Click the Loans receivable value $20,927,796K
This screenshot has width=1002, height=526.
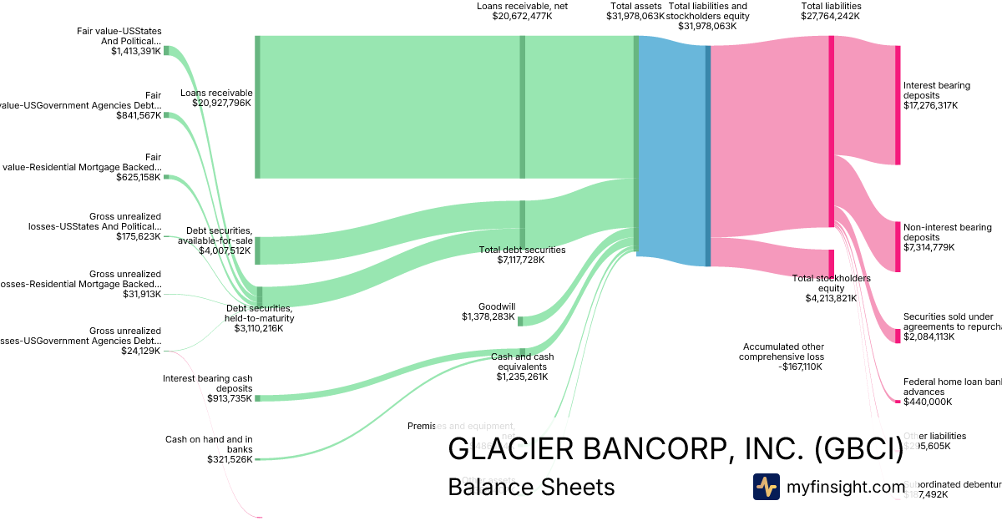point(221,104)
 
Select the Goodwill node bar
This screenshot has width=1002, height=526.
point(520,321)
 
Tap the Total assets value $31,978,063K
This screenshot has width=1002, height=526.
point(635,16)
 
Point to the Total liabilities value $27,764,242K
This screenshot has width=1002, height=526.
point(830,16)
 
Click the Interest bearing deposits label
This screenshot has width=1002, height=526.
point(936,90)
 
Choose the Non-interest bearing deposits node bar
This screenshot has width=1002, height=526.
point(898,246)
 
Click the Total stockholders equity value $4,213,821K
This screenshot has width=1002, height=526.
point(831,298)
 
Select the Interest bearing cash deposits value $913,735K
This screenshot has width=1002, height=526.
point(230,398)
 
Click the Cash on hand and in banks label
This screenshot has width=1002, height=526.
point(208,443)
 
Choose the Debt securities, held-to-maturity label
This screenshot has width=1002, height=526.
point(260,313)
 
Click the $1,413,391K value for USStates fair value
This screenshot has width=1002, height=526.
point(136,51)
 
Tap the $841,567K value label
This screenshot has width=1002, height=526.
point(139,115)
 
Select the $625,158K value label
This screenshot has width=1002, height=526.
point(139,177)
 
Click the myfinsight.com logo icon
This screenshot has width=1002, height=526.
point(766,487)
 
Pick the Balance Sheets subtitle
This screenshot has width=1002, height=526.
point(531,487)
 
